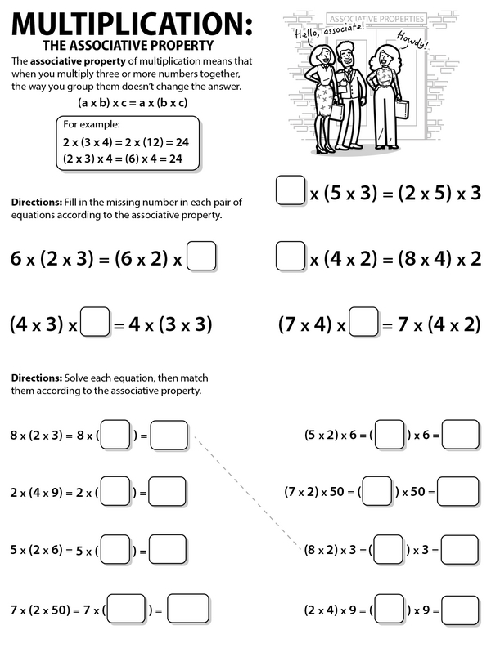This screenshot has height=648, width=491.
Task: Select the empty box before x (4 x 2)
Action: tap(291, 258)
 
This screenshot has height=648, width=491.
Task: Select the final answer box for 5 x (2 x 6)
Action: tap(169, 549)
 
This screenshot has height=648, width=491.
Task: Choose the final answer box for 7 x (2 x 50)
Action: tap(188, 608)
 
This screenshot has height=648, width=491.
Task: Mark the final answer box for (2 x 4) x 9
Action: tap(461, 608)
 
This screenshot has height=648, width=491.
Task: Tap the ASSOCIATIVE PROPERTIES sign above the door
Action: tap(376, 17)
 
